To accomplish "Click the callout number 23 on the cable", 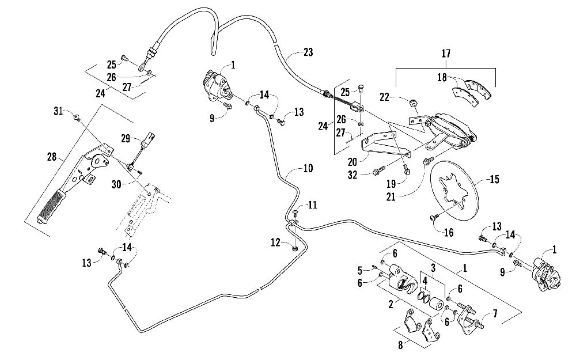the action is coord(308,52).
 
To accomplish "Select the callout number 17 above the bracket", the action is coord(446,53).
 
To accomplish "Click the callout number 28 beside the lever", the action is coord(52,157).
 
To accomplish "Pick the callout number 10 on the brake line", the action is coord(308,169).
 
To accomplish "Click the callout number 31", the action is coord(58,111).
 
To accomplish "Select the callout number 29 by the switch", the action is coord(126,138).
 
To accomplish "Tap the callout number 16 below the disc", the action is coord(449,232).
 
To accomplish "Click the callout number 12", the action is coord(275,242).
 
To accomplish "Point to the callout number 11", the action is coord(312,204).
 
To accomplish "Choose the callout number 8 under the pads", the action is coord(400,345).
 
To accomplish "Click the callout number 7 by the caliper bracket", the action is coord(495,314).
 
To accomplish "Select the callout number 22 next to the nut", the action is coord(384,97).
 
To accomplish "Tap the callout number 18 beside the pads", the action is coord(442,78).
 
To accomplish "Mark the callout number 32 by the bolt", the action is coord(353,175).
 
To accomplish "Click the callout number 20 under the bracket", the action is coord(353,162).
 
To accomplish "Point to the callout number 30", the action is coord(116,184).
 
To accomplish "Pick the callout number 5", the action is coord(360,271).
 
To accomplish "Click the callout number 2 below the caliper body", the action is coord(391,304).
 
